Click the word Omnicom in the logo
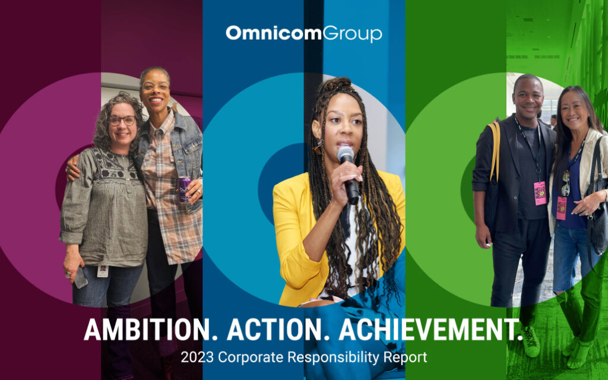[274, 33]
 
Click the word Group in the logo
[352, 34]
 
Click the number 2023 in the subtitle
[197, 357]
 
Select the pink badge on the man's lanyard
[540, 193]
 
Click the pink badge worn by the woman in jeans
[561, 208]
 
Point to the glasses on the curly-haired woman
[122, 121]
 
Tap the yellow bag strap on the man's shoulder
[495, 151]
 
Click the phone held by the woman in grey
[80, 278]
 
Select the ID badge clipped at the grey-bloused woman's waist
[102, 271]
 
